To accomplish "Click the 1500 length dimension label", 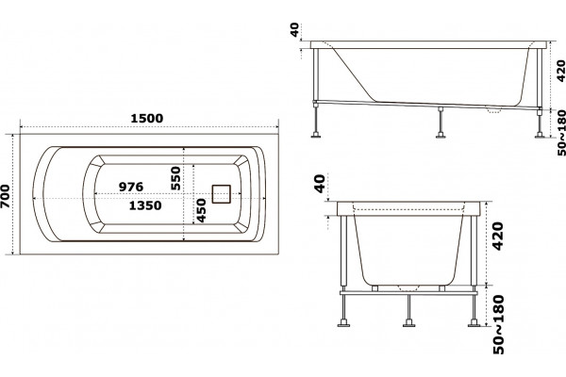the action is pyautogui.click(x=146, y=118).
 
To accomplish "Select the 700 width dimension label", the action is pyautogui.click(x=5, y=197).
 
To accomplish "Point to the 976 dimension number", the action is pyautogui.click(x=131, y=187).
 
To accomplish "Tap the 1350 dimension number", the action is pyautogui.click(x=145, y=205).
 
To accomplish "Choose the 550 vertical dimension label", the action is pyautogui.click(x=175, y=178).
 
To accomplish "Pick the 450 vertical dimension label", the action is pyautogui.click(x=201, y=210).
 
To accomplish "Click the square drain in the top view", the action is pyautogui.click(x=221, y=194).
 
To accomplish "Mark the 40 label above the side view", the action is pyautogui.click(x=295, y=29).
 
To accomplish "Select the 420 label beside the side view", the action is pyautogui.click(x=560, y=71).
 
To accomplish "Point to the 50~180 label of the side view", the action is pyautogui.click(x=561, y=133).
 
